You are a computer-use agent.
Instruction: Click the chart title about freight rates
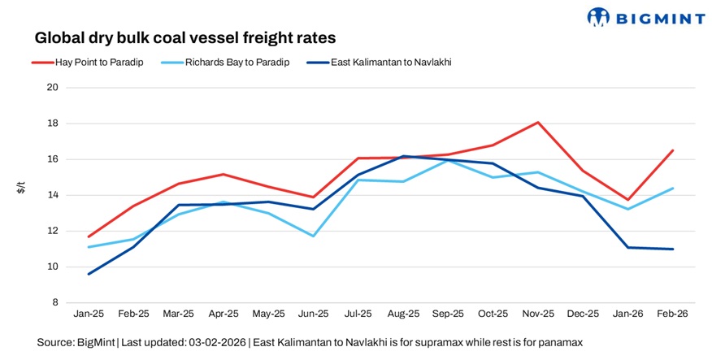click(x=185, y=37)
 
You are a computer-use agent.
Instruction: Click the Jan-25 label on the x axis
click(x=89, y=314)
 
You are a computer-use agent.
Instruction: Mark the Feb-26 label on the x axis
click(x=672, y=314)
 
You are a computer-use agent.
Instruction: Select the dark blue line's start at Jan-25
click(x=89, y=274)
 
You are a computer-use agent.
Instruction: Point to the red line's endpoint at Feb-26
click(x=672, y=150)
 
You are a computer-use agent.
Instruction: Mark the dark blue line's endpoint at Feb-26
click(x=672, y=249)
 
